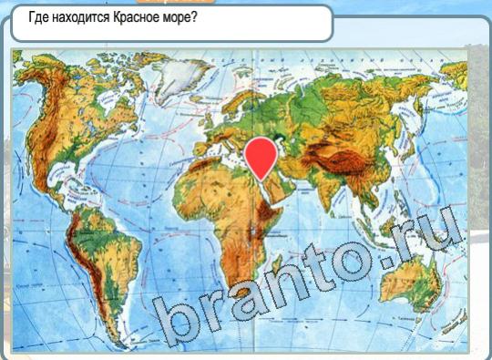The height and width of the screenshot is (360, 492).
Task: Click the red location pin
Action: click(x=262, y=156)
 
